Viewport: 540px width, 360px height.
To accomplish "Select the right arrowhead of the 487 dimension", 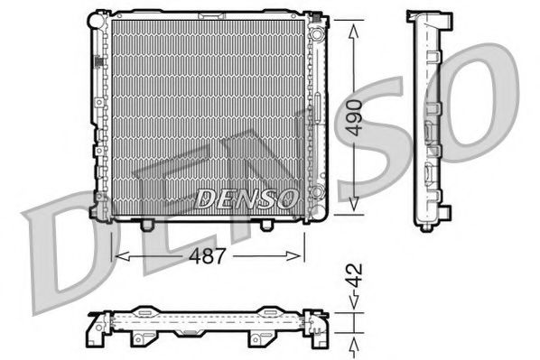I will tap(302, 256).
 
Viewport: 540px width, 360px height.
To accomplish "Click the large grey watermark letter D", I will tap(63, 244).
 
